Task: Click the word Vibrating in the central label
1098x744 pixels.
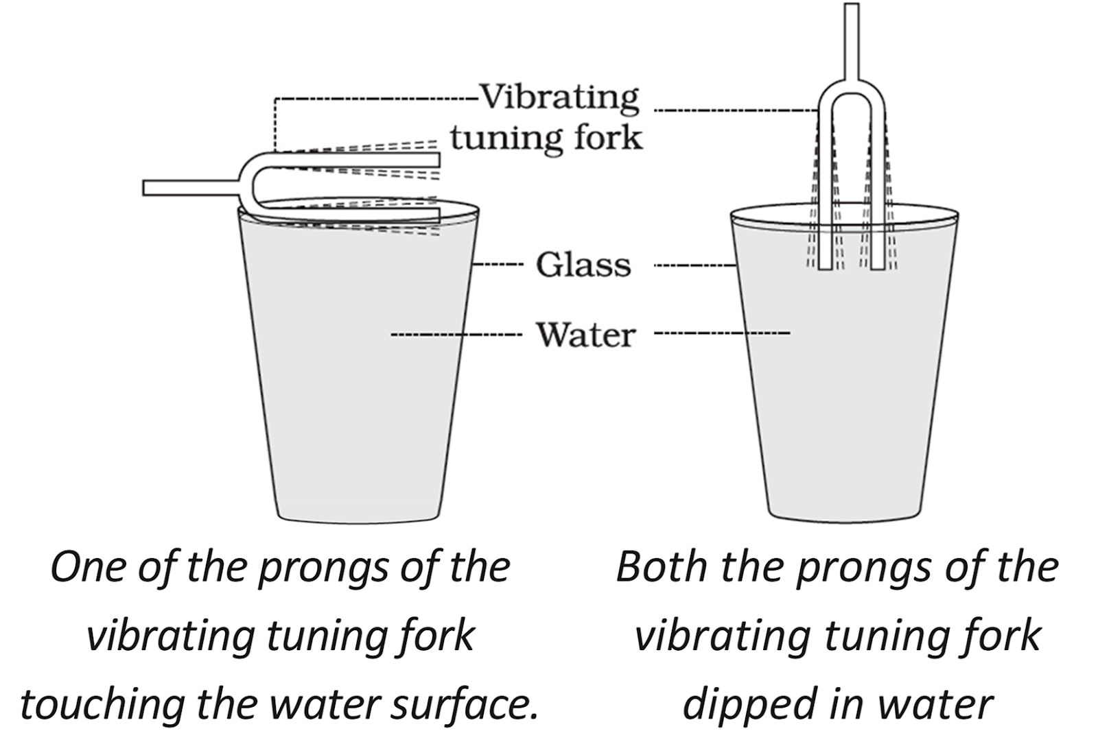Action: pyautogui.click(x=559, y=98)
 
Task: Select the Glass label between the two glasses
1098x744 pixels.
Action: pyautogui.click(x=583, y=265)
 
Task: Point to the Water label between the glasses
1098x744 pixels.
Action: pyautogui.click(x=585, y=335)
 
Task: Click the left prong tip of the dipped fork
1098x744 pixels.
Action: pyautogui.click(x=826, y=265)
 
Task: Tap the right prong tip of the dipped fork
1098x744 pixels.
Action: pyautogui.click(x=877, y=265)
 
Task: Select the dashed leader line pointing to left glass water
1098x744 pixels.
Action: pyautogui.click(x=453, y=335)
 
